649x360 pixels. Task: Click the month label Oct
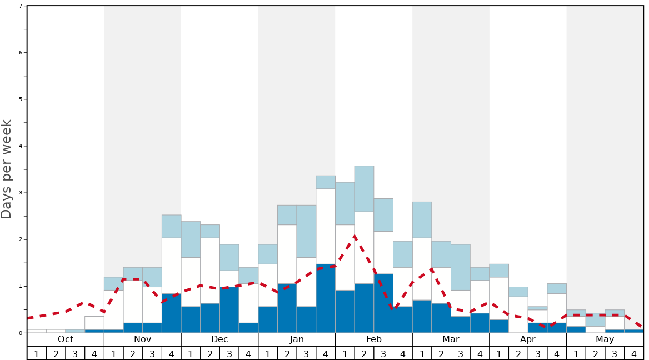click(66, 339)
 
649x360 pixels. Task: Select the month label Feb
click(374, 339)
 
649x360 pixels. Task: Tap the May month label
click(605, 339)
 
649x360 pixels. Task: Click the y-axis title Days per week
click(7, 169)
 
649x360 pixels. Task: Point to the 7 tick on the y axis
click(21, 6)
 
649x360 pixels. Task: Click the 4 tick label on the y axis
click(21, 146)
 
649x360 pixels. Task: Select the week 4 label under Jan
click(326, 353)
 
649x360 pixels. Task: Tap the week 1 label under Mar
click(422, 353)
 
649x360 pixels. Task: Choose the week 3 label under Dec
click(229, 353)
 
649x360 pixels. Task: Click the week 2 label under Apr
click(518, 353)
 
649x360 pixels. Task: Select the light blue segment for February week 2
click(364, 189)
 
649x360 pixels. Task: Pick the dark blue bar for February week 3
click(383, 303)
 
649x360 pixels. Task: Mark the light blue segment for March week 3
click(461, 267)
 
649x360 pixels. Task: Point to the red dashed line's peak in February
click(355, 237)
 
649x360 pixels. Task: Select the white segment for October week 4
click(94, 323)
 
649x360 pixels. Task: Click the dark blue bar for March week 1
click(422, 316)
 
